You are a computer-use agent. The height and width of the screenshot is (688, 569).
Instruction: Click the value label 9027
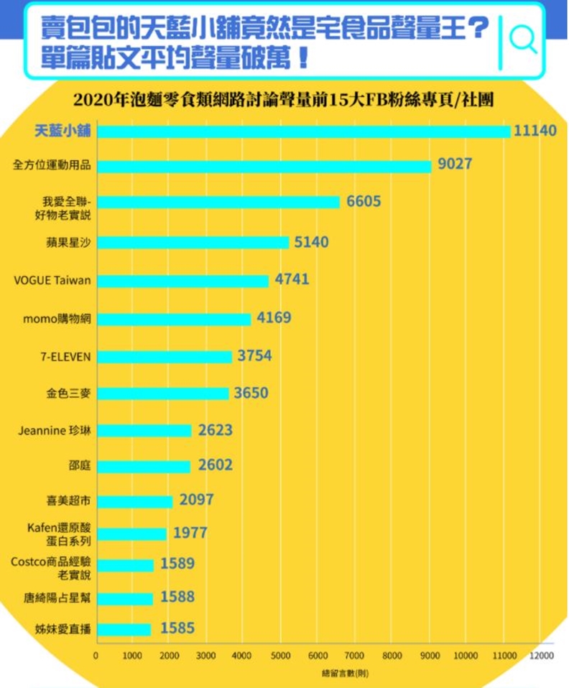(454, 164)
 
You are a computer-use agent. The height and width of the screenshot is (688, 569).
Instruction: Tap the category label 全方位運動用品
(52, 165)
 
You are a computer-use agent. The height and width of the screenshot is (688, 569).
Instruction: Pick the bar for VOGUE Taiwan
(182, 281)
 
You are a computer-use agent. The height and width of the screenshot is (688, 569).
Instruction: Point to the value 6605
(364, 203)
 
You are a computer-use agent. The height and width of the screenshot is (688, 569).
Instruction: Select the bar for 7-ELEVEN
(165, 356)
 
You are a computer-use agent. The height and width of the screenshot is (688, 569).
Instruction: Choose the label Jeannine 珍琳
(55, 431)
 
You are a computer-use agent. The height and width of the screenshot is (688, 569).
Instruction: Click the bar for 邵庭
(144, 467)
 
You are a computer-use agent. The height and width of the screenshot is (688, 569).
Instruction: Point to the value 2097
(197, 500)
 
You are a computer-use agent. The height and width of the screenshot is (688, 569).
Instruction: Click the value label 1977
(190, 533)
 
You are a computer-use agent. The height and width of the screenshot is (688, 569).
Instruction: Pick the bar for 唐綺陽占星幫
(125, 598)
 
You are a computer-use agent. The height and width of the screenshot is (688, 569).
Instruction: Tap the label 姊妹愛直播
(63, 630)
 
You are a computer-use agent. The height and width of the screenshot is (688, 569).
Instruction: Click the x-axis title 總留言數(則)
(346, 674)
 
